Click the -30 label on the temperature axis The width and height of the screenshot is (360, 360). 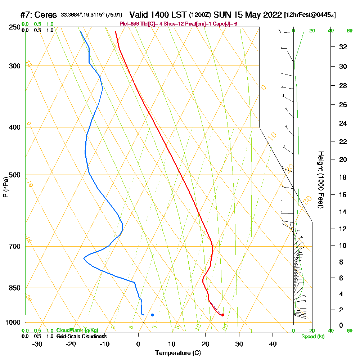pyautogui.click(x=37, y=344)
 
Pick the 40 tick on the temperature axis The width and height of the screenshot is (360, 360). pyautogui.click(x=273, y=344)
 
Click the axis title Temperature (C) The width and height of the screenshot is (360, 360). pyautogui.click(x=178, y=353)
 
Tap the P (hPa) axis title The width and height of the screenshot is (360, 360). pyautogui.click(x=5, y=187)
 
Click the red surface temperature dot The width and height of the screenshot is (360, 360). pyautogui.click(x=222, y=315)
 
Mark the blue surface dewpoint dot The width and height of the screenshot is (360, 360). pyautogui.click(x=152, y=315)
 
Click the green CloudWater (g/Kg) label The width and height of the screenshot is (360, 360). pyautogui.click(x=77, y=330)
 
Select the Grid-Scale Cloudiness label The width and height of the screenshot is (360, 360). pyautogui.click(x=81, y=336)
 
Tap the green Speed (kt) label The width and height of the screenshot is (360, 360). pyautogui.click(x=312, y=336)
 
